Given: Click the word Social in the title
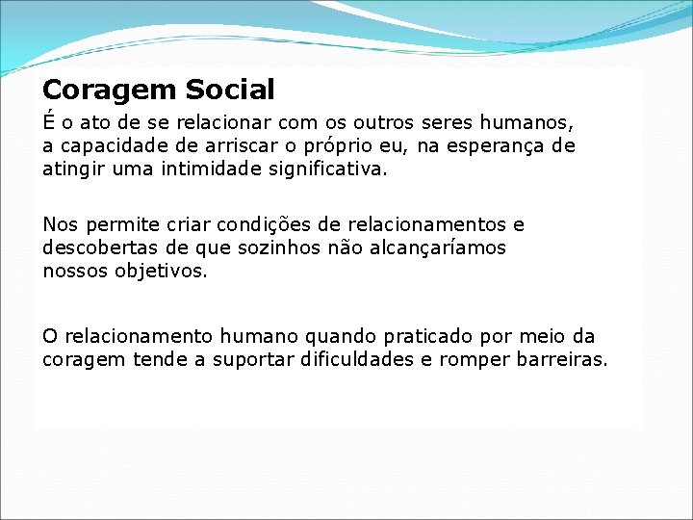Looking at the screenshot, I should pos(230,91).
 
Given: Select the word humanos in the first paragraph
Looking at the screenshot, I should pos(530,123).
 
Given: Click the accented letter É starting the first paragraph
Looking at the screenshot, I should pos(48,122).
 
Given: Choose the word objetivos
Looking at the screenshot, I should pos(160,272).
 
